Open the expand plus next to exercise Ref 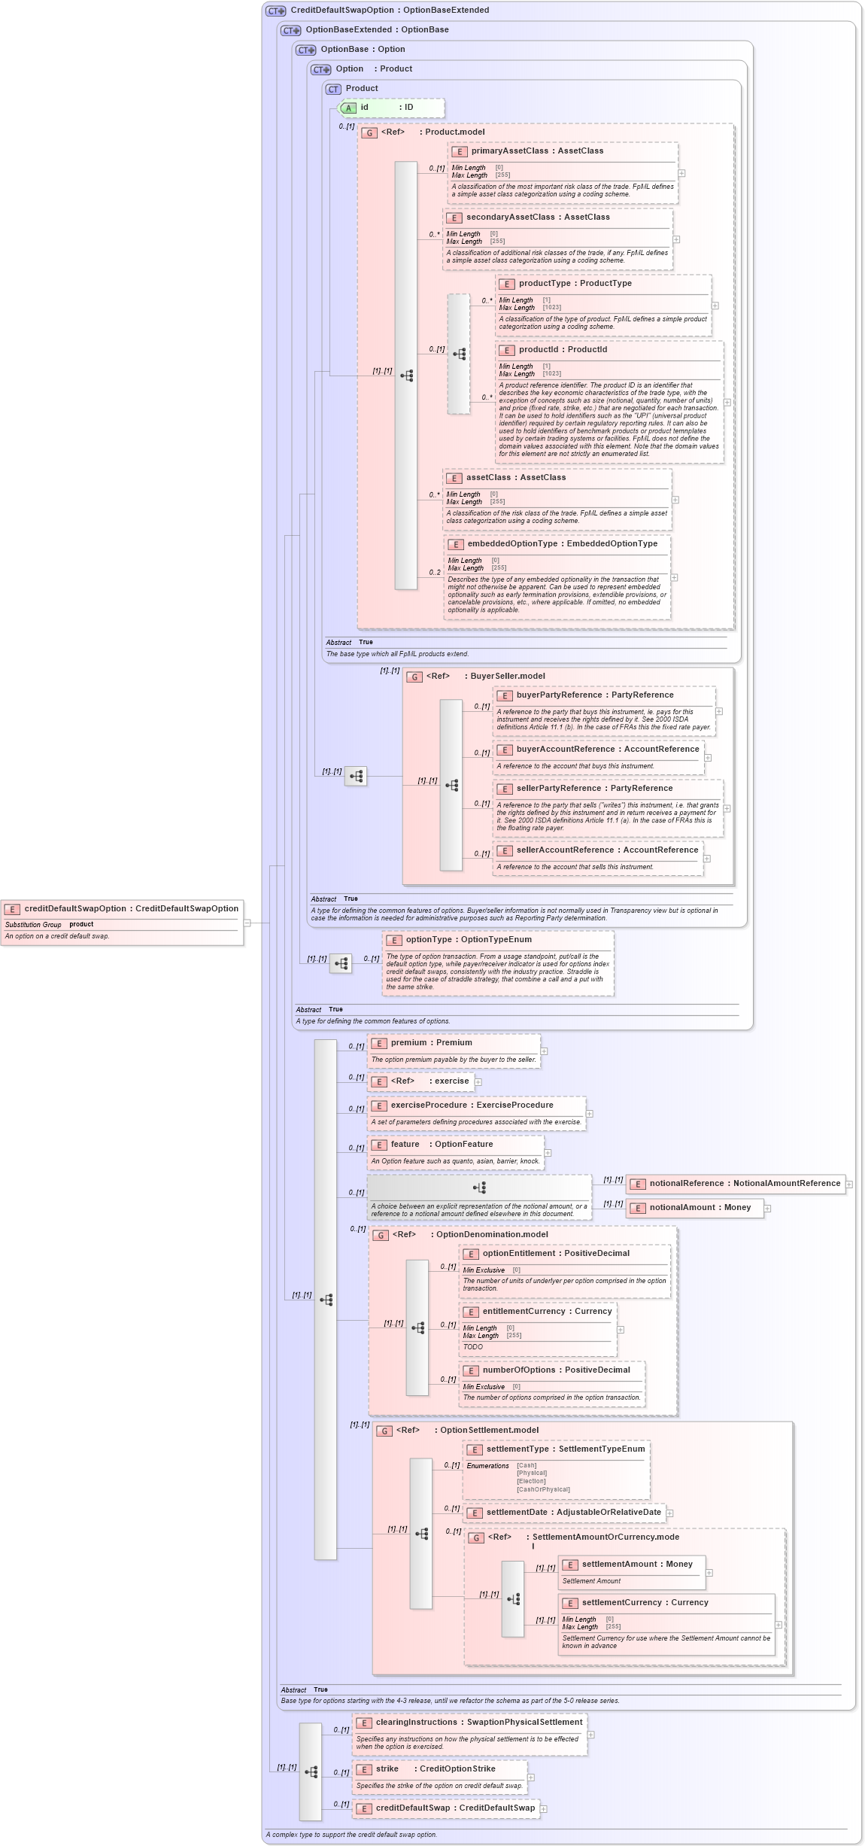point(478,1082)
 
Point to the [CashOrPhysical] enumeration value point(543,1489)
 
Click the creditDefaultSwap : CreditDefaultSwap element point(454,1808)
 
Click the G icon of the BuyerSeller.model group point(414,677)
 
